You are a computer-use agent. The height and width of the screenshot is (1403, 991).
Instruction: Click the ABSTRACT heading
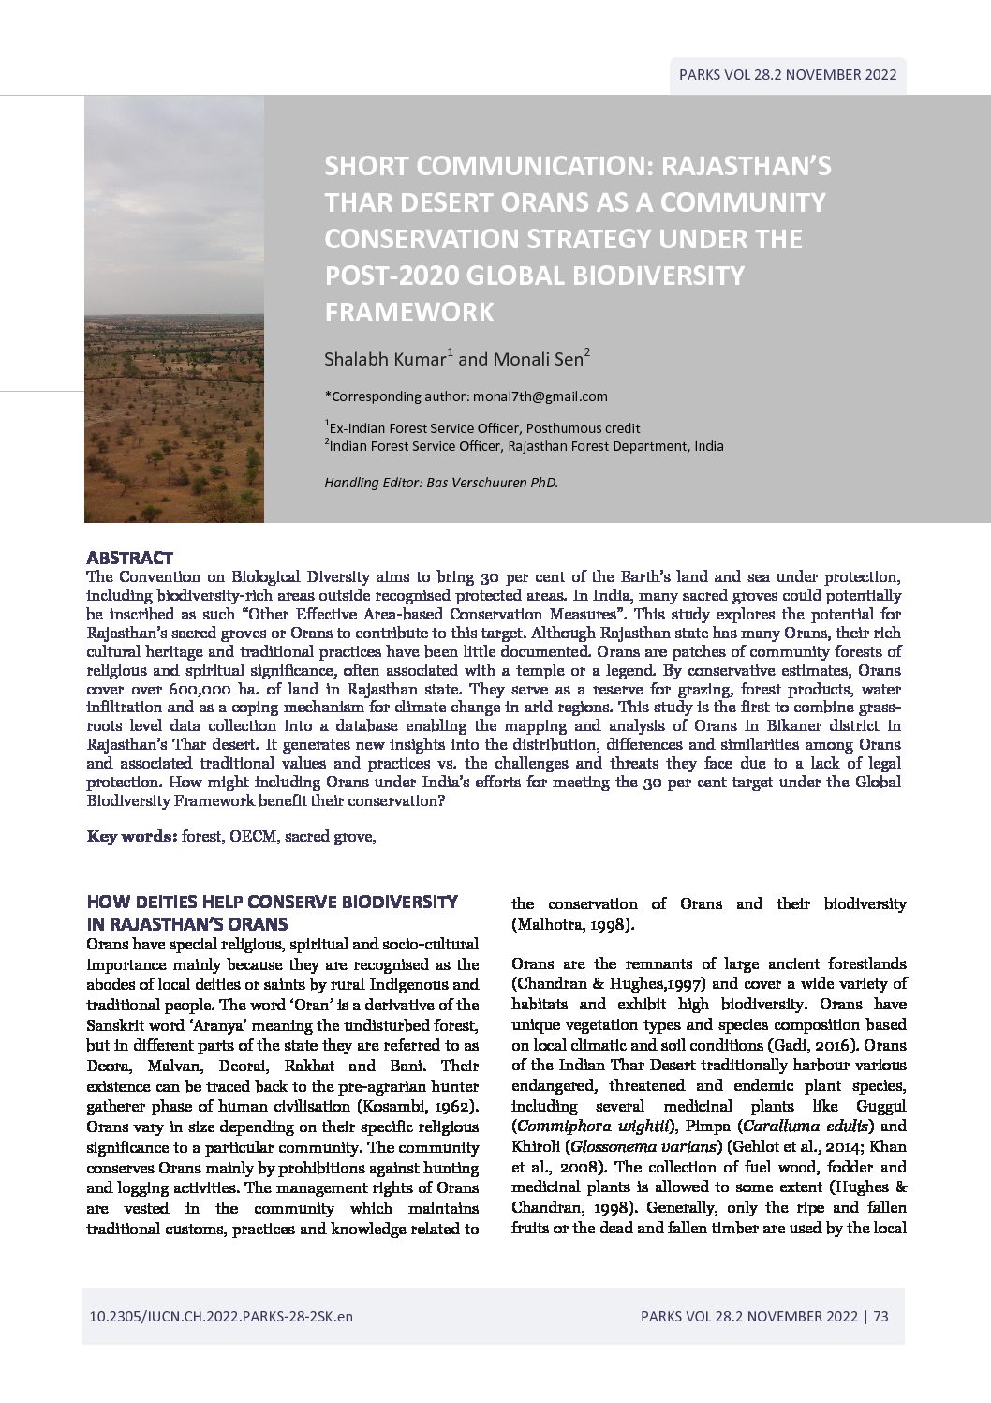click(x=129, y=557)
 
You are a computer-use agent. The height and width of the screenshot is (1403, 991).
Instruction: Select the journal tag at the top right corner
click(x=789, y=75)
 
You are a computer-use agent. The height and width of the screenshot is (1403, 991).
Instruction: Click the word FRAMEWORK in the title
click(x=408, y=312)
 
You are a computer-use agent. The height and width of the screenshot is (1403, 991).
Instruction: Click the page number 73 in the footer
click(x=880, y=1317)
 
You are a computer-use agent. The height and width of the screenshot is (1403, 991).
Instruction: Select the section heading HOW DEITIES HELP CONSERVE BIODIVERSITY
click(x=273, y=902)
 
